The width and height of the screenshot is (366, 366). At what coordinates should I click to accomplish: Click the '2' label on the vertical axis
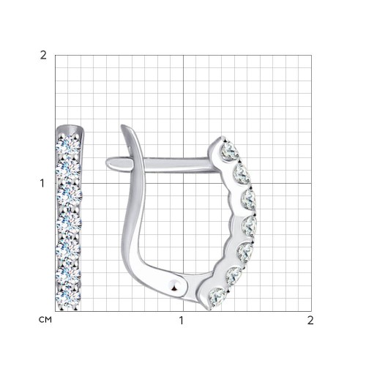(43, 56)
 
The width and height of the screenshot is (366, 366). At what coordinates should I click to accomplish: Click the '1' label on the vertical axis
(42, 183)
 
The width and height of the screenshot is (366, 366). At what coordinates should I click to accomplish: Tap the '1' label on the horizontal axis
(181, 321)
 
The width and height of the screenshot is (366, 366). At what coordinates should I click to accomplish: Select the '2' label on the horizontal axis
(310, 321)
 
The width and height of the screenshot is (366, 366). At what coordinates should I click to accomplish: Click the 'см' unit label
(45, 320)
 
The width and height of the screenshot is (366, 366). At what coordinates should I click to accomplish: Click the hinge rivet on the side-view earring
(175, 285)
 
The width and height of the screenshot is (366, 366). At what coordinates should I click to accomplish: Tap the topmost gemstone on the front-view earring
(68, 146)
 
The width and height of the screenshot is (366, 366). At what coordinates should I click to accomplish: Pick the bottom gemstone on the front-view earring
(68, 299)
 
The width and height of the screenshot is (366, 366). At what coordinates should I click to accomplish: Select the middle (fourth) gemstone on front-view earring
(70, 223)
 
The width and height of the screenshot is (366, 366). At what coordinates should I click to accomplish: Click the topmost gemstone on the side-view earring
(230, 152)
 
